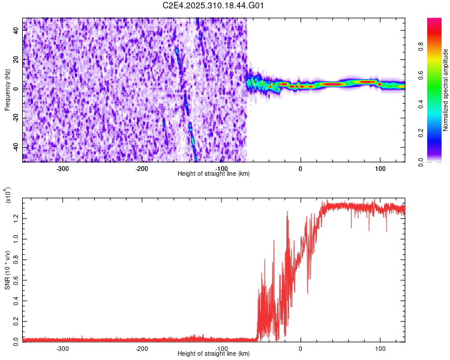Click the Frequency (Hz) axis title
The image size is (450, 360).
[7, 90]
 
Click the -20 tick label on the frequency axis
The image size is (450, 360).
[15, 118]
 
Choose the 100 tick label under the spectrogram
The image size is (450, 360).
[380, 169]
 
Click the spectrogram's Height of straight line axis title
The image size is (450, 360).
[214, 174]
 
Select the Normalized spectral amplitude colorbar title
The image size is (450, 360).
[445, 90]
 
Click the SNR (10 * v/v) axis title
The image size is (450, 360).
[7, 270]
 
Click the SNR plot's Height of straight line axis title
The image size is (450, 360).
[214, 354]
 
